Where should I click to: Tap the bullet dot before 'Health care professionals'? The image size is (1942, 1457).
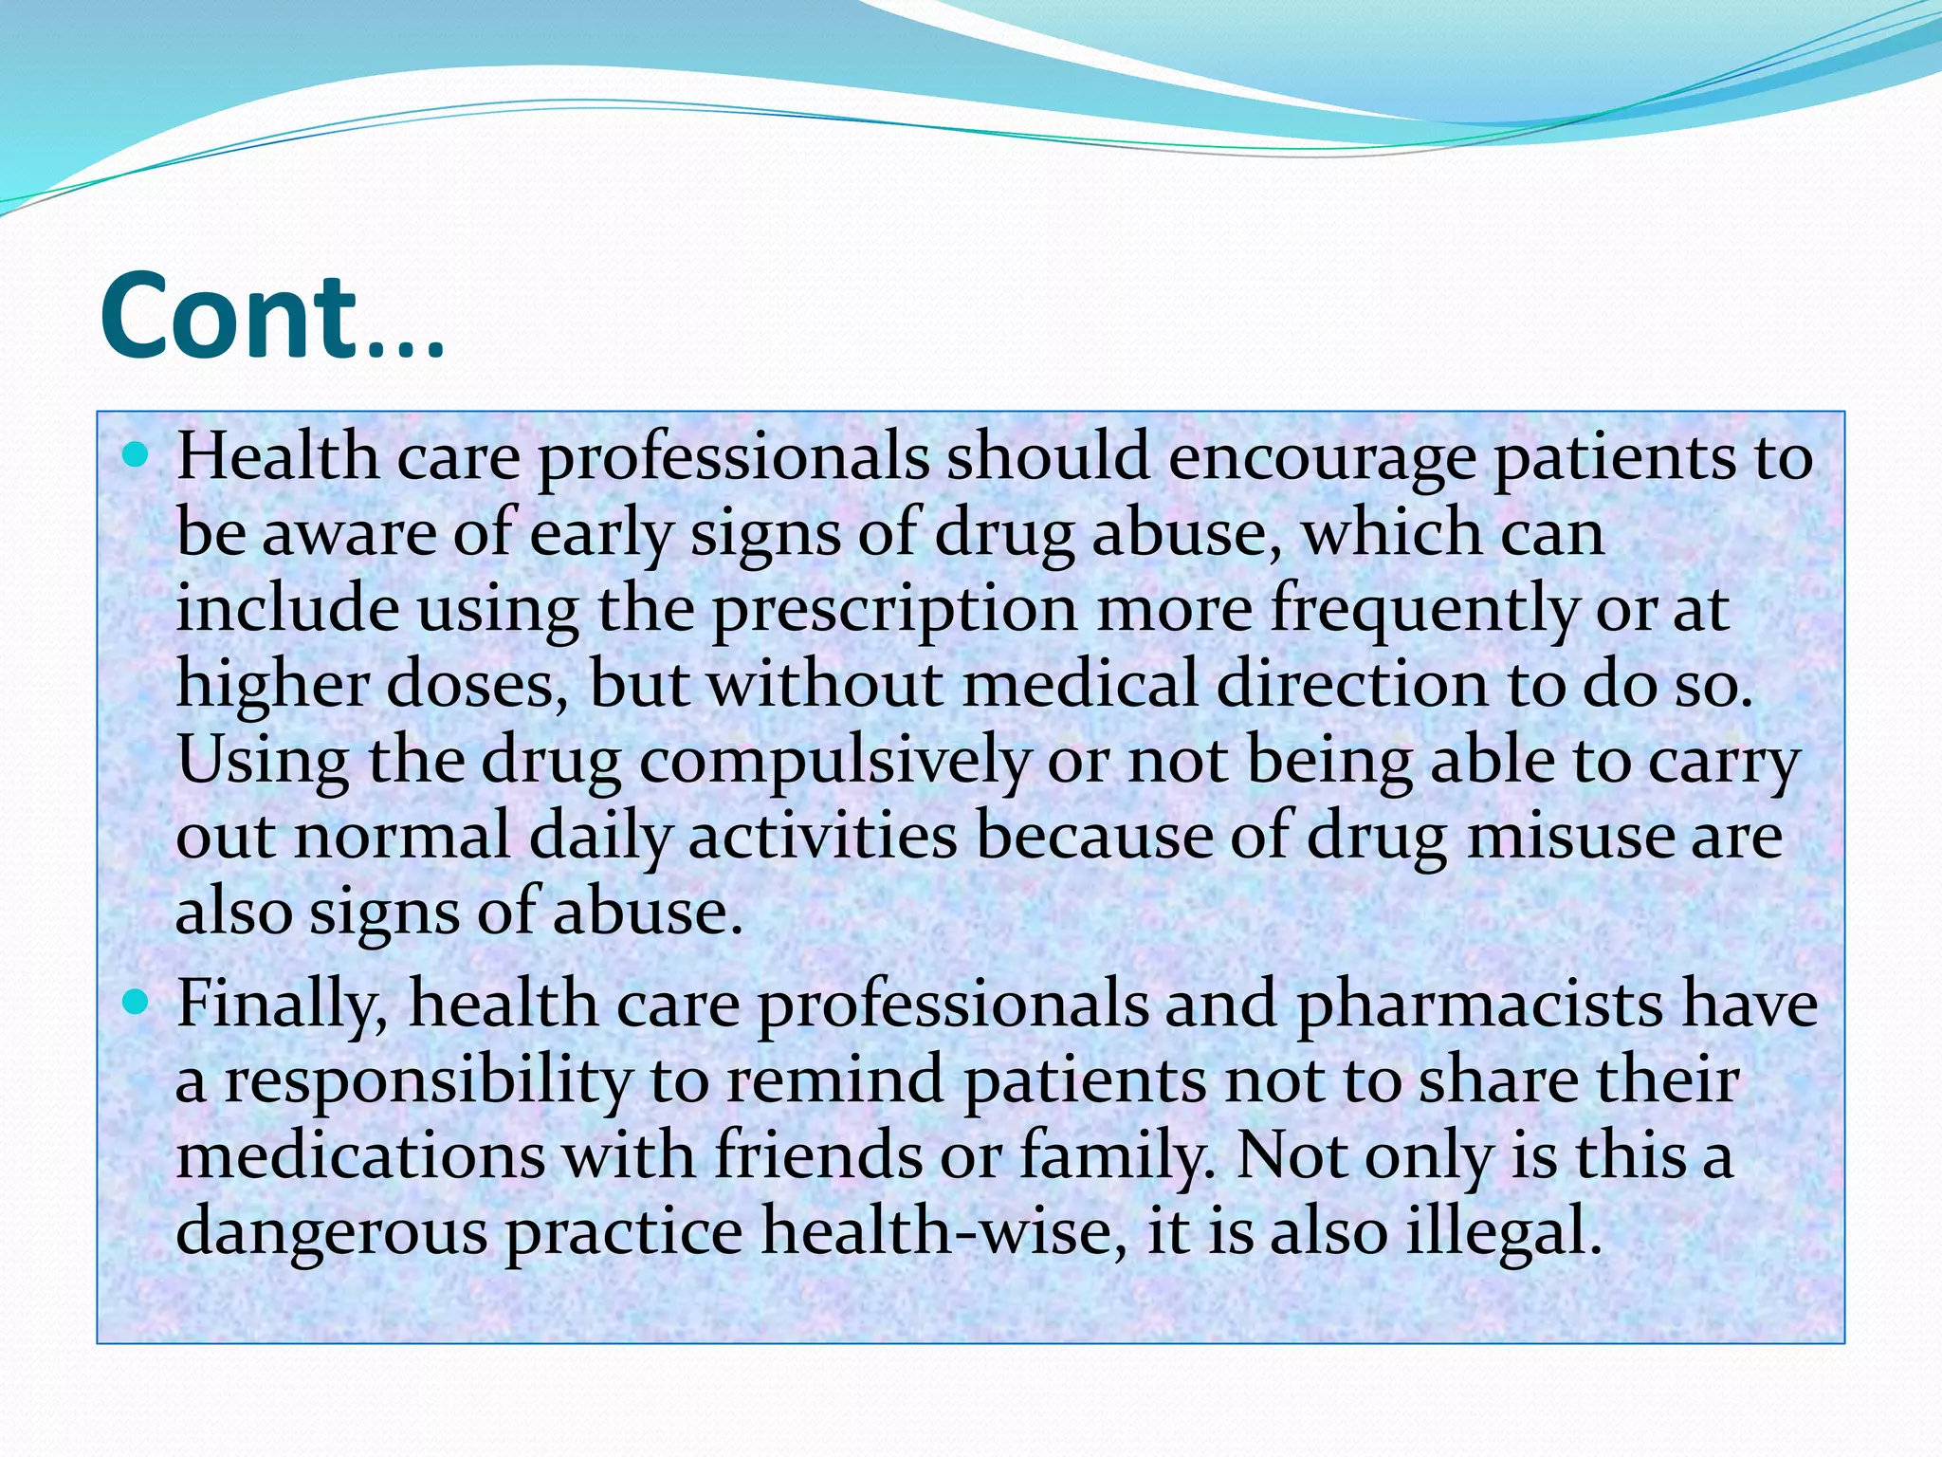tap(137, 456)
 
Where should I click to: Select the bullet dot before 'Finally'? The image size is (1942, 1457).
tap(137, 1003)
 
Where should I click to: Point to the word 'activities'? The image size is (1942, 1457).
tap(823, 838)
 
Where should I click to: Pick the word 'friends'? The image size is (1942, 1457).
tap(818, 1157)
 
